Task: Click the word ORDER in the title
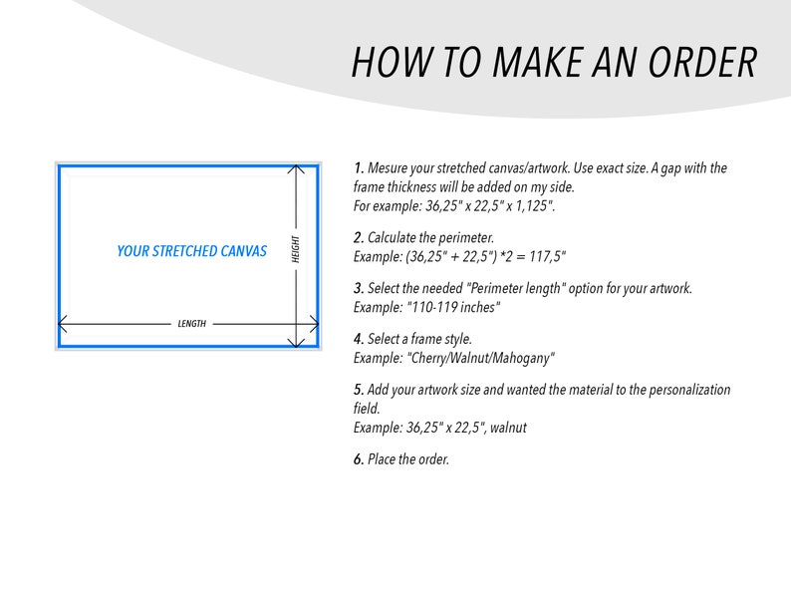click(x=702, y=63)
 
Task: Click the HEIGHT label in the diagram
click(x=296, y=249)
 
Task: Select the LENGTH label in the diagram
click(x=191, y=324)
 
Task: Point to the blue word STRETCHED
click(x=183, y=251)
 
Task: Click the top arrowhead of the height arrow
click(x=296, y=168)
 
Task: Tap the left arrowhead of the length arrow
click(x=63, y=324)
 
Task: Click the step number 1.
click(x=359, y=168)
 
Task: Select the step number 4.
click(x=359, y=339)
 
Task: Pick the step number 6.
click(x=359, y=459)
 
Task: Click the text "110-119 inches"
click(x=453, y=307)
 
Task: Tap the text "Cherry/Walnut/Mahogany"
click(x=480, y=359)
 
